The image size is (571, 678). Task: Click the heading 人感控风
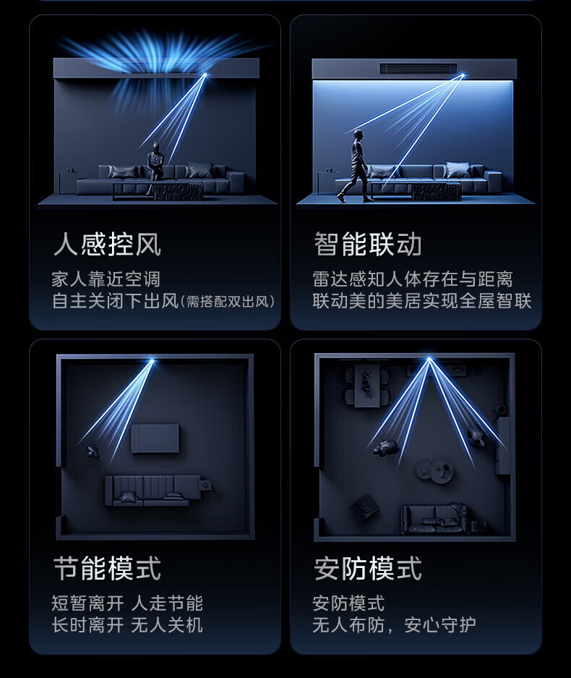[x=107, y=245]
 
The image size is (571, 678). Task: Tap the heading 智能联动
[x=368, y=244]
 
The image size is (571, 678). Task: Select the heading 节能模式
[x=107, y=568]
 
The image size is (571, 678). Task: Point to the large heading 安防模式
[x=368, y=568]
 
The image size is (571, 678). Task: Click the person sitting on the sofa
[x=155, y=166]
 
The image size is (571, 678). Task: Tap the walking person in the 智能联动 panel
[x=355, y=166]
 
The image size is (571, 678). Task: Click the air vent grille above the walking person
[x=418, y=68]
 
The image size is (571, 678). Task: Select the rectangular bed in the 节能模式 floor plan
[x=155, y=438]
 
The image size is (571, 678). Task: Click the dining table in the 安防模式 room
[x=368, y=386]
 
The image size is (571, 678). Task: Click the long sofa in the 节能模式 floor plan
[x=152, y=491]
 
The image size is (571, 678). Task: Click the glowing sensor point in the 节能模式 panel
[x=152, y=360]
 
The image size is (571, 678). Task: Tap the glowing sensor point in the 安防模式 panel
[x=429, y=358]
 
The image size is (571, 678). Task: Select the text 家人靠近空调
[x=106, y=279]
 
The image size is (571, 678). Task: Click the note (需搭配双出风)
[x=228, y=302]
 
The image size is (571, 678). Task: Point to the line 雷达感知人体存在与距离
[x=413, y=279]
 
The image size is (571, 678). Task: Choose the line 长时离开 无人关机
[x=127, y=625]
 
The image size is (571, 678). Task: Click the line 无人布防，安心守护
[x=394, y=625]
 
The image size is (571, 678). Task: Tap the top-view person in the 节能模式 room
[x=92, y=452]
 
